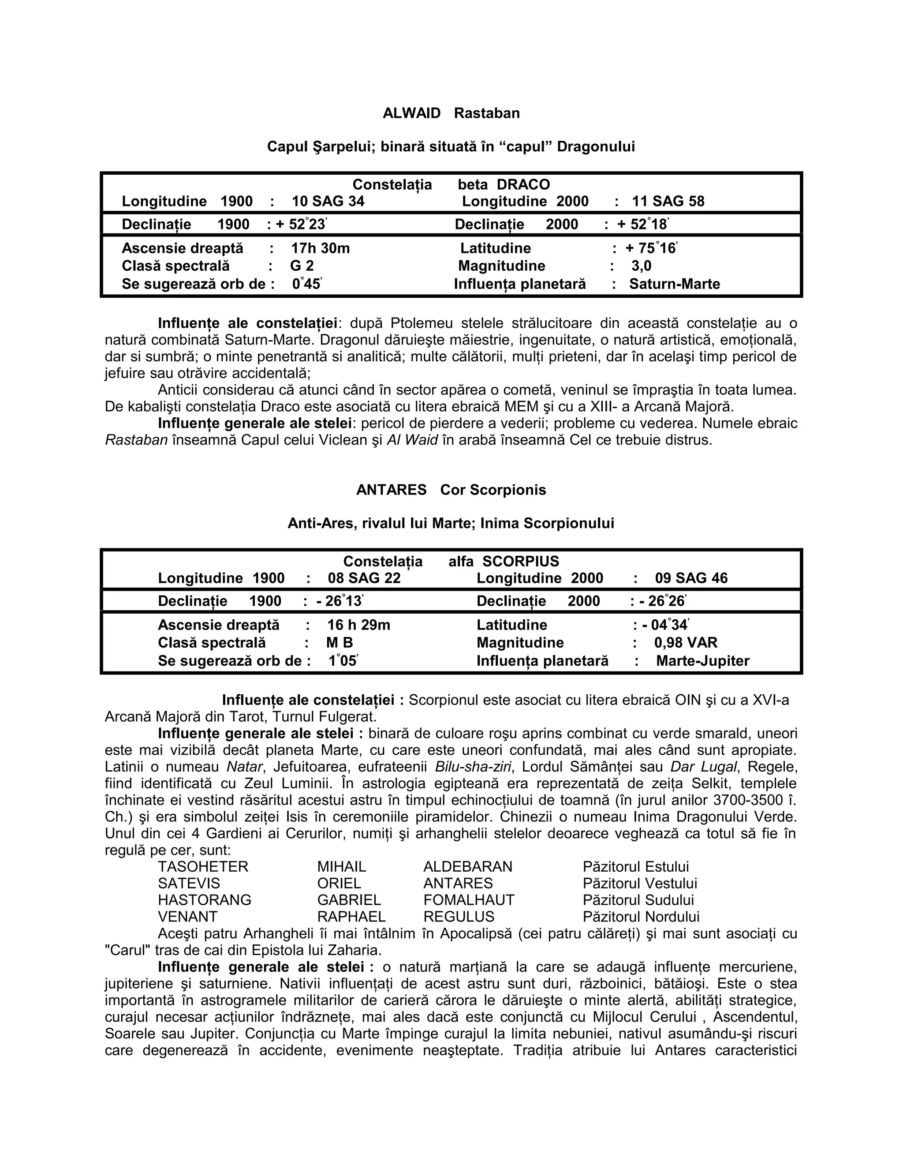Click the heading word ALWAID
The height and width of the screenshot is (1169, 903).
[411, 113]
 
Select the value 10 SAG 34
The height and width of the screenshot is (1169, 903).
[328, 201]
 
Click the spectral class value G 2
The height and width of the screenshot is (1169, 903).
[302, 266]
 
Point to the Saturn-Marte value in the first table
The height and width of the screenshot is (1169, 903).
[674, 284]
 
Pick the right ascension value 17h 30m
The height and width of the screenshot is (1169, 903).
[321, 248]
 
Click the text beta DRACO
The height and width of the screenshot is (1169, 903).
[504, 185]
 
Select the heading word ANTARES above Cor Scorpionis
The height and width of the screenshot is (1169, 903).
[391, 490]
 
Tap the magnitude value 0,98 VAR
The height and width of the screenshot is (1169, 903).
[685, 643]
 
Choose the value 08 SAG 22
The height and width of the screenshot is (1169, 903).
[364, 578]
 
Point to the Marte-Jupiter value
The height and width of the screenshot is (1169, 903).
[702, 661]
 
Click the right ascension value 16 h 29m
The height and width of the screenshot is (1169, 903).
[358, 625]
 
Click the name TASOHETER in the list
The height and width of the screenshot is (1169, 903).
[203, 866]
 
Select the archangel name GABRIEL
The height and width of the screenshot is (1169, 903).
[349, 900]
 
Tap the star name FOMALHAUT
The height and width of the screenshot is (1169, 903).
[469, 900]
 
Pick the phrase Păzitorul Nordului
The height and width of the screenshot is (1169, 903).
[641, 916]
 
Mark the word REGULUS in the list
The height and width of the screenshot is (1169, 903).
[459, 916]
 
